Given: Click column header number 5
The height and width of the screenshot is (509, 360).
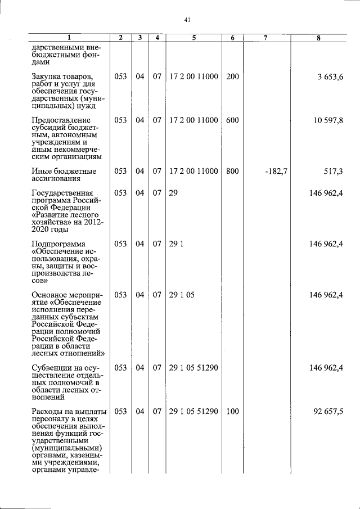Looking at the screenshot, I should pyautogui.click(x=193, y=38).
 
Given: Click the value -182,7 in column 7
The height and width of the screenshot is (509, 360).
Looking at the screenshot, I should pyautogui.click(x=276, y=170).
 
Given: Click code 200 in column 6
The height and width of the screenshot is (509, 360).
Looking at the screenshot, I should pyautogui.click(x=232, y=76).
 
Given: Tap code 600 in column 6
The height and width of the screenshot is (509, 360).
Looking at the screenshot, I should pyautogui.click(x=232, y=120).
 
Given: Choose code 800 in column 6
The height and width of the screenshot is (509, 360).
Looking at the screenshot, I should pyautogui.click(x=232, y=170).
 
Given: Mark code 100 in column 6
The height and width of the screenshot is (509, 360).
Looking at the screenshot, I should pyautogui.click(x=232, y=412).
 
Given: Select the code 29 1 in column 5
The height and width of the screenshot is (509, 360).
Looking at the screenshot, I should pyautogui.click(x=176, y=244).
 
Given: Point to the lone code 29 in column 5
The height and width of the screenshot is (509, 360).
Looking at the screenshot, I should pyautogui.click(x=173, y=193).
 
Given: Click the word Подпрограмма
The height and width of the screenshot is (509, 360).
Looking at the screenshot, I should pyautogui.click(x=59, y=244).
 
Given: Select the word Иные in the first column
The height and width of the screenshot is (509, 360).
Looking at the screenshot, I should pyautogui.click(x=42, y=170).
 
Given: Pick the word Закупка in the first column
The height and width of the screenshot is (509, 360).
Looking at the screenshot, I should pyautogui.click(x=48, y=76).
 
